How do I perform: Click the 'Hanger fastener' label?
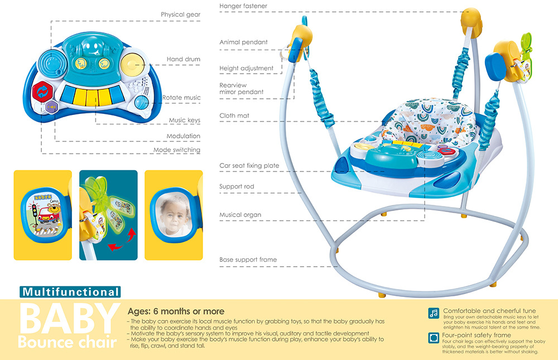[x=243, y=6]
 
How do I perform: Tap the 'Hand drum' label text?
[x=183, y=59]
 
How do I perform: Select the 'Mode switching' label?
[x=177, y=150]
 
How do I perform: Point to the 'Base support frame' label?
[x=248, y=260]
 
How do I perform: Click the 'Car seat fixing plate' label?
[x=249, y=166]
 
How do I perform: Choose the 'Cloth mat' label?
[x=234, y=116]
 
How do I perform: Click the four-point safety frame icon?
[x=434, y=338]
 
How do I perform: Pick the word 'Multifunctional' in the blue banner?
[x=70, y=292]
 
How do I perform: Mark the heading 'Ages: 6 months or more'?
[x=176, y=311]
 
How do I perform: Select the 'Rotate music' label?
[x=181, y=98]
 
